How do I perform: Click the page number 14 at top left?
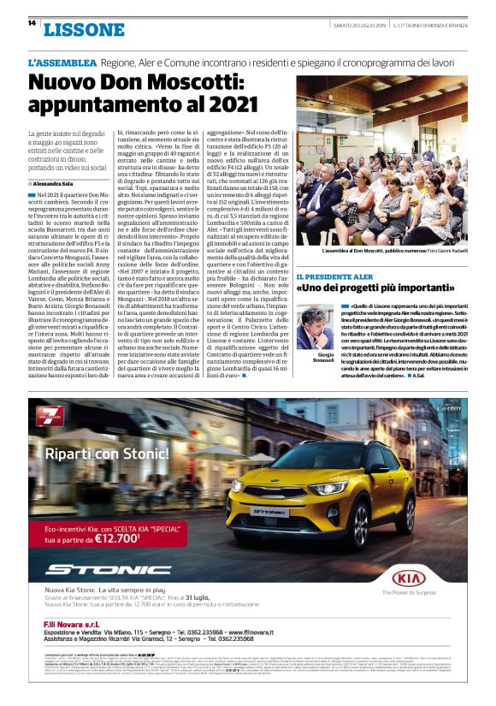[32, 24]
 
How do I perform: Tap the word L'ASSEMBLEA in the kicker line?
[62, 63]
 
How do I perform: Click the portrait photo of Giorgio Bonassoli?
[316, 328]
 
